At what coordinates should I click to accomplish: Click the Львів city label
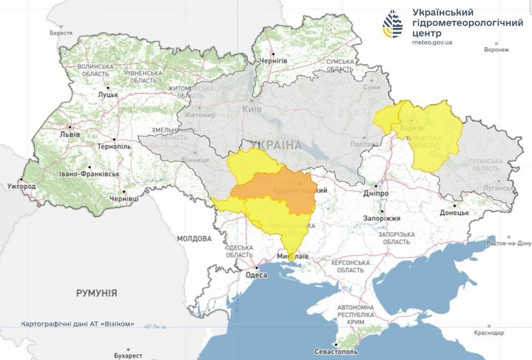pos(70,134)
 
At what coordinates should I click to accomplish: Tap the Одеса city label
pos(256,274)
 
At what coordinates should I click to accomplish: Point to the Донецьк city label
pos(454,213)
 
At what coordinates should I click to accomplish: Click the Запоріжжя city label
pos(381,217)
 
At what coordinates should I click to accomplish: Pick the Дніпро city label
pos(375,193)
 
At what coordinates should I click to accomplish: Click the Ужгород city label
pos(21,186)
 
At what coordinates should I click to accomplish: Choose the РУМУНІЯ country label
pos(96,293)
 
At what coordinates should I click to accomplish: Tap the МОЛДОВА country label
pos(193,238)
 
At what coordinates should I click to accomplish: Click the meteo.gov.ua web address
pos(432,42)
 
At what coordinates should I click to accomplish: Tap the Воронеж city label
pos(496,50)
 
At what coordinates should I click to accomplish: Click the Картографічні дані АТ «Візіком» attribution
pos(78,323)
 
